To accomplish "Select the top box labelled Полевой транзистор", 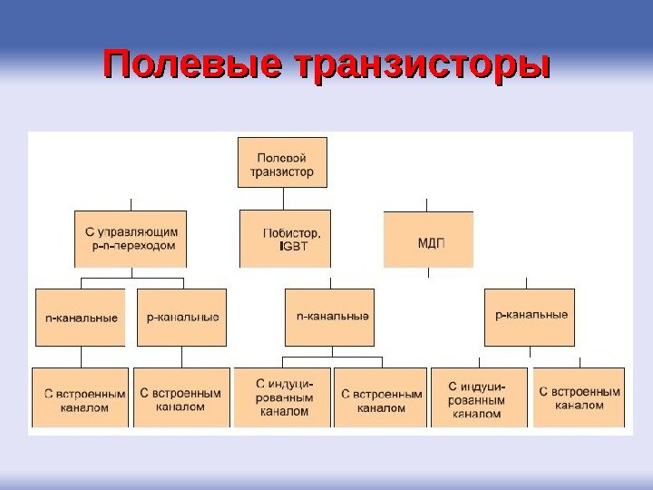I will [282, 162].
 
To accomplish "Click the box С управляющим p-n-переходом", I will [131, 239].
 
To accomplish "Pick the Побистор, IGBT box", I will [285, 239].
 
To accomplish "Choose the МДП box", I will [428, 240].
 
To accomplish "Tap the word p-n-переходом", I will [133, 245].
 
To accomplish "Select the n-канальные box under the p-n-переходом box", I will [81, 318].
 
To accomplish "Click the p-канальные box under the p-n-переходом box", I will [181, 318].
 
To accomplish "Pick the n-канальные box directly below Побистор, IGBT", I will [329, 318].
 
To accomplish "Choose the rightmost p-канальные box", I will [530, 317].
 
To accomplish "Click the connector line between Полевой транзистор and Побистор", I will [283, 199].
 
